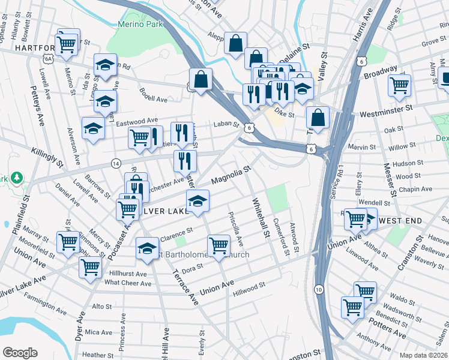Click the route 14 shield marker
pyautogui.click(x=116, y=163)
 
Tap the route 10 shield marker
pyautogui.click(x=319, y=289)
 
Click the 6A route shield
pyautogui.click(x=48, y=58)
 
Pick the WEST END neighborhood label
pyautogui.click(x=396, y=221)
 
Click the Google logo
pyautogui.click(x=20, y=353)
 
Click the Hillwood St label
pyautogui.click(x=249, y=289)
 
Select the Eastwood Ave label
pyautogui.click(x=137, y=121)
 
